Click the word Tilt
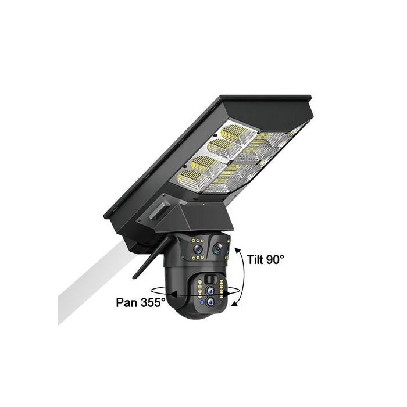point(255,259)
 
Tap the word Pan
point(127,302)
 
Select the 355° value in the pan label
point(153,302)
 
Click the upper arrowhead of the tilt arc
point(238,251)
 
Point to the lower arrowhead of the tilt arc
point(235,303)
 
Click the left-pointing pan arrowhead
point(173,295)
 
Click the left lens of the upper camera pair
point(198,249)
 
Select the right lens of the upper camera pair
point(217,248)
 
